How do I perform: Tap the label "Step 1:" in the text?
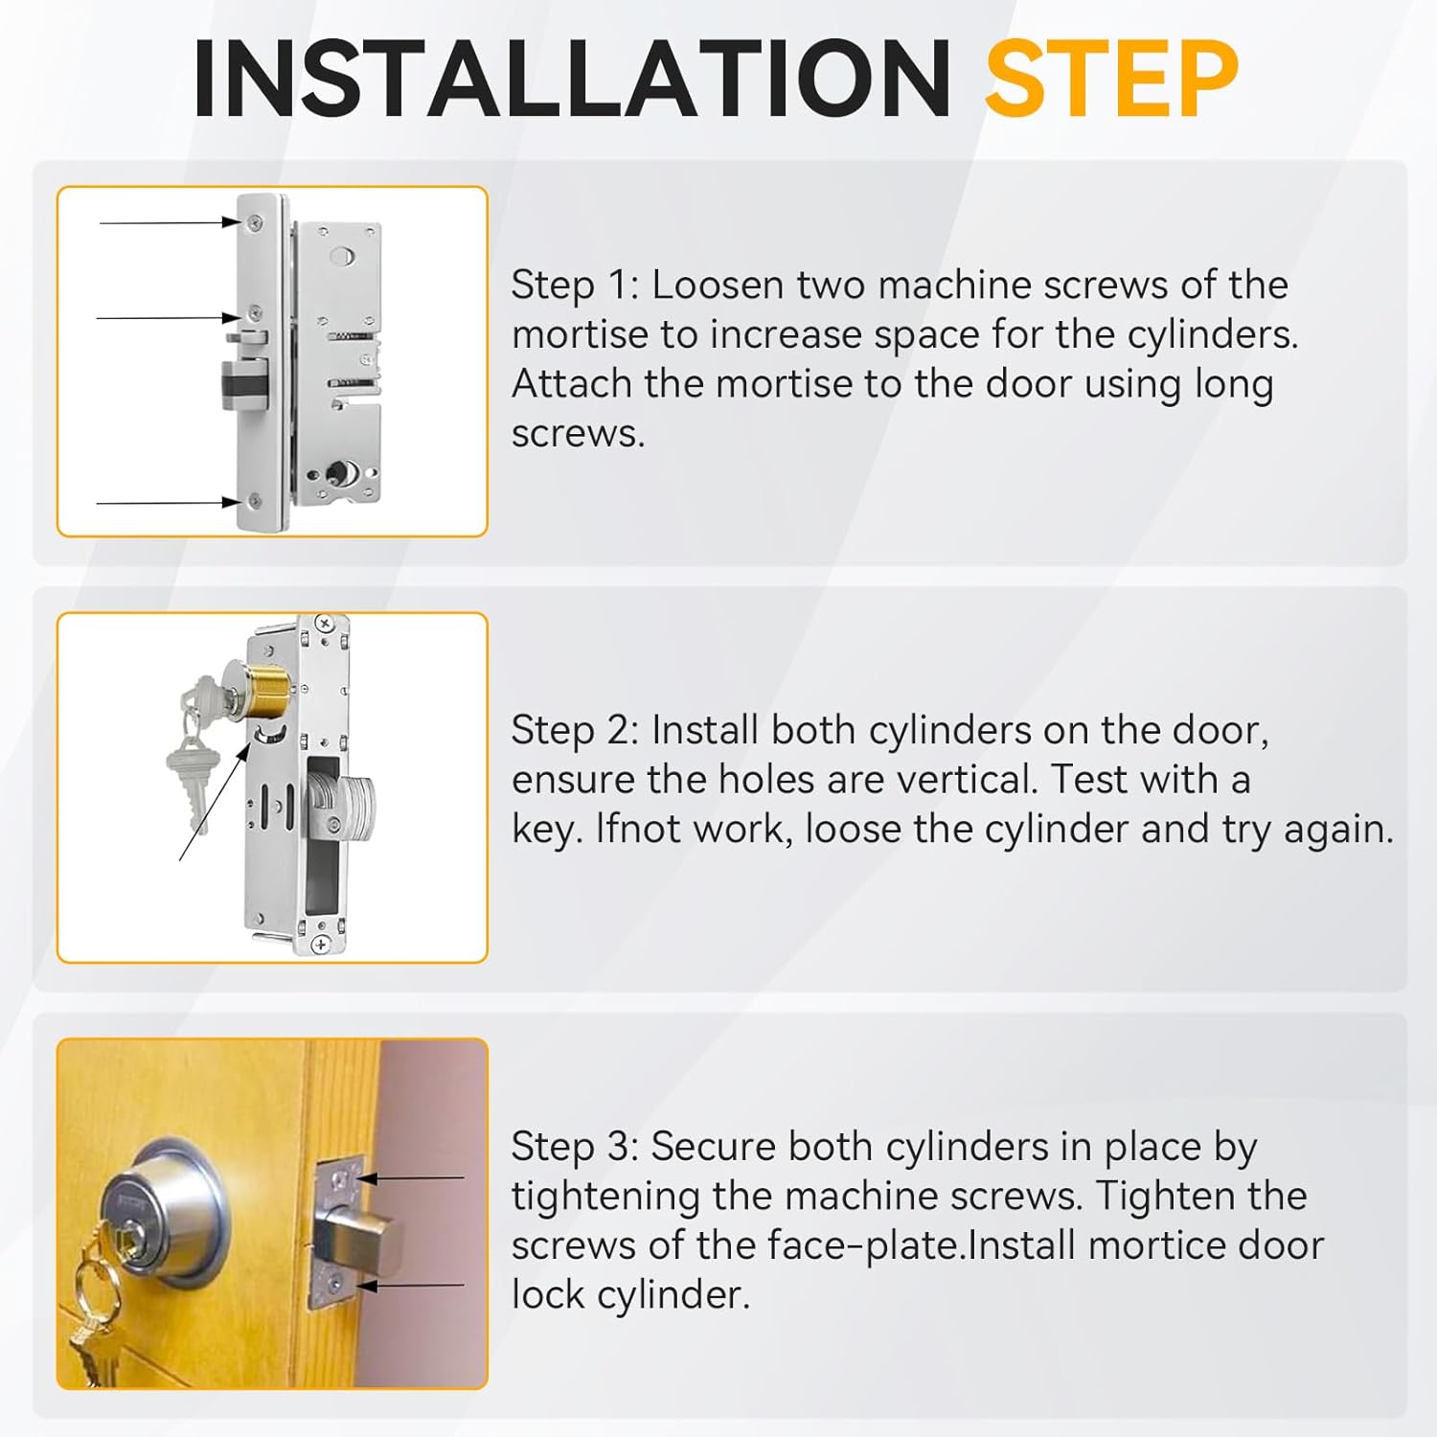575,285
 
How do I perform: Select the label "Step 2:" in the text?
575,730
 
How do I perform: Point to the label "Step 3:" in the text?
575,1146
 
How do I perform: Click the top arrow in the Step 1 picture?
170,222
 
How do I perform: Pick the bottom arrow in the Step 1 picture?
168,502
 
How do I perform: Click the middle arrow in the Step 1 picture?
168,317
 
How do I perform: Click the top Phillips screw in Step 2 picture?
325,624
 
